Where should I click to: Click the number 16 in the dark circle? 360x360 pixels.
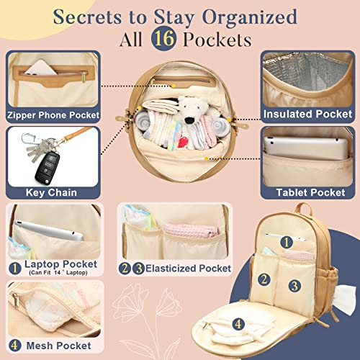pos(164,38)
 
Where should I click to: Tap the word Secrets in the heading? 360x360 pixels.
pos(87,17)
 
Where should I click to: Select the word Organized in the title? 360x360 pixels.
pos(250,18)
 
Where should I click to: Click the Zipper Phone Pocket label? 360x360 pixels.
pos(53,115)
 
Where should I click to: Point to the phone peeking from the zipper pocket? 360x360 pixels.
pos(40,68)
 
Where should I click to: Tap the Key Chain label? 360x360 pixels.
pos(51,192)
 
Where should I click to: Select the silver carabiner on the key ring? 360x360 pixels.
pos(28,140)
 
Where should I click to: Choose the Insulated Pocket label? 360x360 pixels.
pos(307,114)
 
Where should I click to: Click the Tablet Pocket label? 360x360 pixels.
pos(310,192)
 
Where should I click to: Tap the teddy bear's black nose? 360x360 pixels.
pos(190,120)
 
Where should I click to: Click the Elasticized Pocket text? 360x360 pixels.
pos(189,269)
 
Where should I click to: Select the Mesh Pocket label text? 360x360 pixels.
pos(59,346)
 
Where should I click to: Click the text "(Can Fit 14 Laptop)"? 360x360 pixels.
pos(58,273)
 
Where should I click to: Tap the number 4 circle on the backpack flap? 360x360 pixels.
pos(238,324)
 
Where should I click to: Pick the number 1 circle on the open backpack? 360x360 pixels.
pos(287,242)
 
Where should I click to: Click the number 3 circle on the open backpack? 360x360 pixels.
pos(294,286)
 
